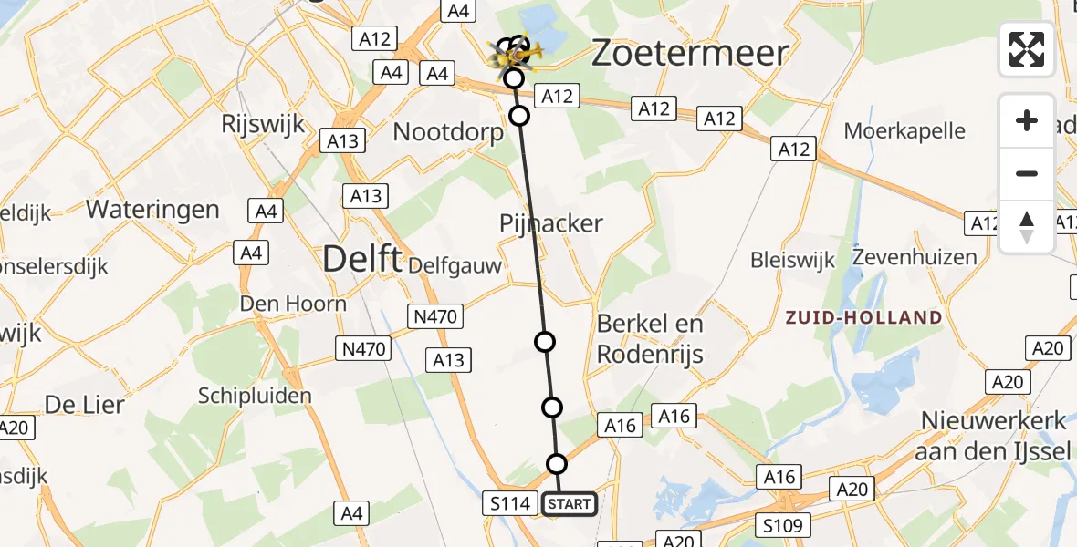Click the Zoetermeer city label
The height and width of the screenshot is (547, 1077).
coord(690,53)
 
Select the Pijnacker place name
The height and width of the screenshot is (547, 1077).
coord(551,222)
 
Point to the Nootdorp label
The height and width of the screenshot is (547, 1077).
coord(448,132)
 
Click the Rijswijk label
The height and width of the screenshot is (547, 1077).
coord(263,123)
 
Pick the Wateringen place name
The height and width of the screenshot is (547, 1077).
coord(152,210)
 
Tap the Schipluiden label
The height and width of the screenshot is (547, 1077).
coord(256,396)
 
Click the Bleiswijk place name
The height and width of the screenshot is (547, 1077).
coord(792,261)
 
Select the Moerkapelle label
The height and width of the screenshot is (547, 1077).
coord(904,130)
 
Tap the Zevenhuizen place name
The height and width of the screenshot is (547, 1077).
coord(915,257)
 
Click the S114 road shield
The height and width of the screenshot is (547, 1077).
coord(509,503)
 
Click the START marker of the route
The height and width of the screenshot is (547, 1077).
coord(570,504)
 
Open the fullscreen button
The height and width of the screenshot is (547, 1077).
coord(1027,49)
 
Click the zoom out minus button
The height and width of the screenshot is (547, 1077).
coord(1027,173)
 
